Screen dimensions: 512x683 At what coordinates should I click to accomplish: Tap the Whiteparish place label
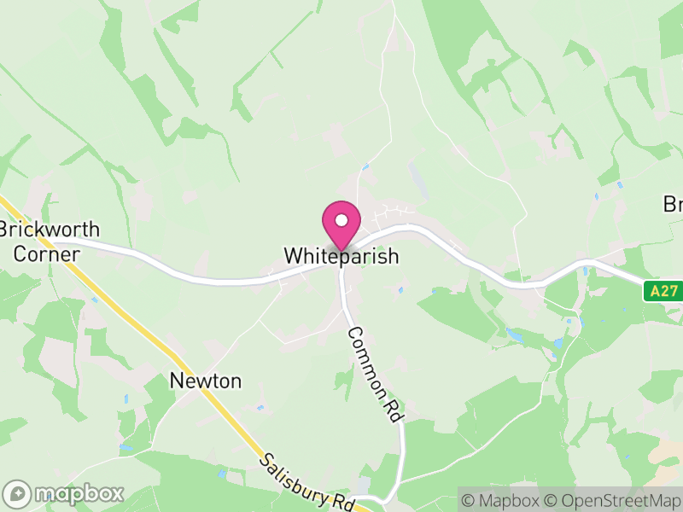(341, 256)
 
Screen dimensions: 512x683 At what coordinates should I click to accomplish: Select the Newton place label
(206, 381)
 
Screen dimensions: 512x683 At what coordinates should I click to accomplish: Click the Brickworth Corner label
(50, 241)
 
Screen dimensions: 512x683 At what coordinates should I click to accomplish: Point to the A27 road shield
(663, 291)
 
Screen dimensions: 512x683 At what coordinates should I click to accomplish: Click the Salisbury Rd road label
(308, 481)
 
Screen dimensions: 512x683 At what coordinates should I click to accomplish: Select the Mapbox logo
(64, 493)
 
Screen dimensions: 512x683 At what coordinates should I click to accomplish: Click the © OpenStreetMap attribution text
(613, 499)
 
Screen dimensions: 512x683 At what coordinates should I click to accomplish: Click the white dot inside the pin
(341, 220)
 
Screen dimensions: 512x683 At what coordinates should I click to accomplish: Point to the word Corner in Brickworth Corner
(41, 253)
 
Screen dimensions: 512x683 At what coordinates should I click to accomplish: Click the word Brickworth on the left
(50, 230)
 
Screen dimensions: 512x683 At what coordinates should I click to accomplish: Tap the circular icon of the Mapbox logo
(17, 493)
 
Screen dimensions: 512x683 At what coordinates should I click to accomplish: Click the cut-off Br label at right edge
(673, 205)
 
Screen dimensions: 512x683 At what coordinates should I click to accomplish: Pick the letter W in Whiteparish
(293, 256)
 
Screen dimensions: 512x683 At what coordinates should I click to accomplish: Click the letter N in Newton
(177, 381)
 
